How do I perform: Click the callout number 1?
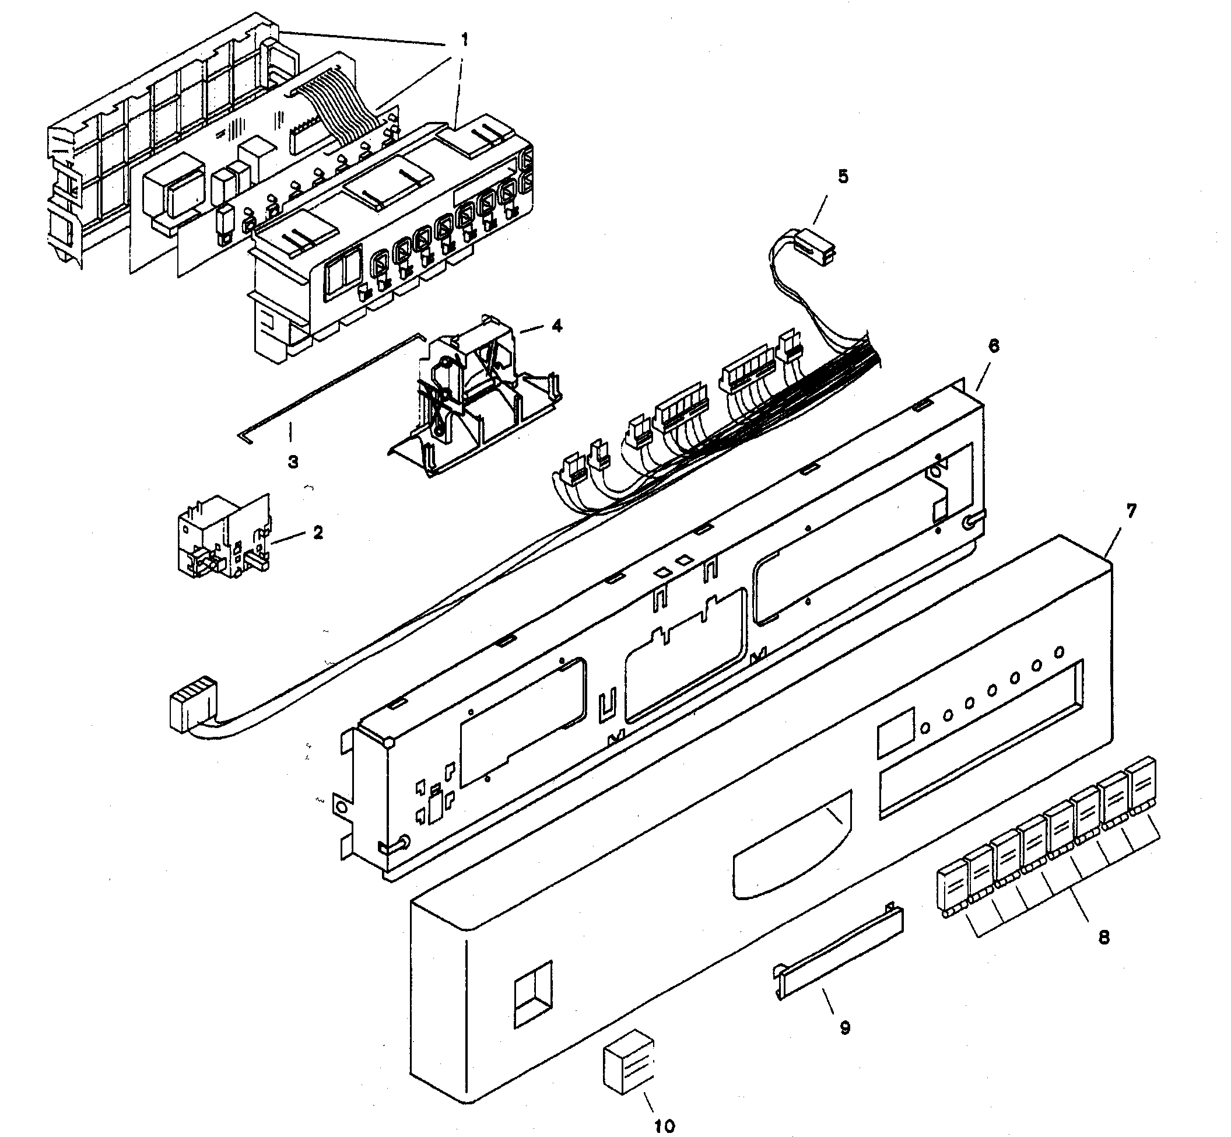click(465, 41)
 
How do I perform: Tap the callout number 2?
click(318, 531)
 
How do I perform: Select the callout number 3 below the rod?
click(293, 461)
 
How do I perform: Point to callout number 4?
click(556, 326)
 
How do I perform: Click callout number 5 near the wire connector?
click(843, 177)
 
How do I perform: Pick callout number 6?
click(994, 346)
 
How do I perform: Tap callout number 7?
click(1131, 510)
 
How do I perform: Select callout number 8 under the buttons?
click(1104, 937)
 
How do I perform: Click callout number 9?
click(845, 1027)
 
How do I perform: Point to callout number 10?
click(664, 1126)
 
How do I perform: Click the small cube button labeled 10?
click(629, 1071)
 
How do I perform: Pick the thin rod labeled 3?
click(332, 384)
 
